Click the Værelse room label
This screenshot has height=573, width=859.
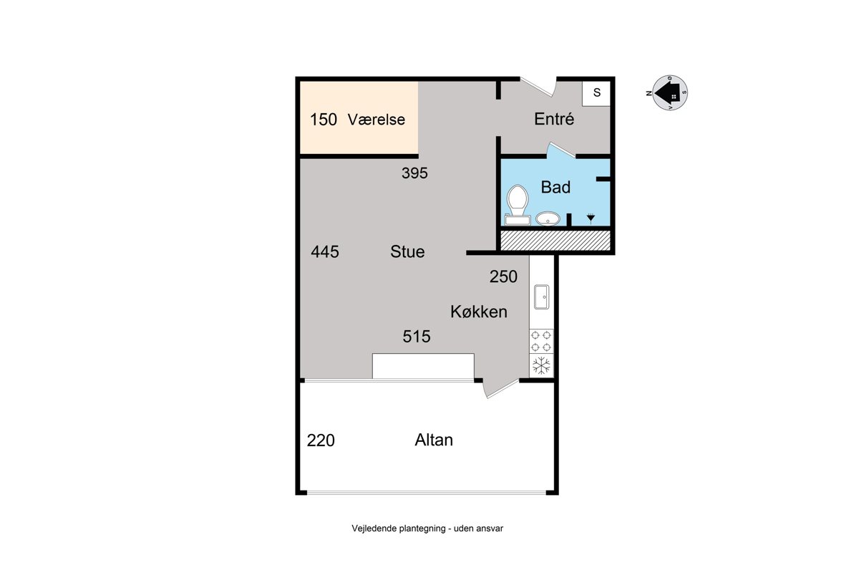coord(377,120)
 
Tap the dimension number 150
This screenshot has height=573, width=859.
coord(324,120)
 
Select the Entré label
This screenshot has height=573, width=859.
coord(554,119)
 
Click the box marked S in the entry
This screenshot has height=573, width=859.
coord(596,93)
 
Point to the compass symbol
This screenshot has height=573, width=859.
coord(669,93)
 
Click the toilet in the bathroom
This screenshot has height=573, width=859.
coord(518,205)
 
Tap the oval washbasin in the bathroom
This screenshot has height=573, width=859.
coord(548,218)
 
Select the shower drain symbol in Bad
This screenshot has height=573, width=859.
coord(591,218)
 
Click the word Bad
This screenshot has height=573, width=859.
coord(555,187)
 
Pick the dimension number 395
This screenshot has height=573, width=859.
coord(414,173)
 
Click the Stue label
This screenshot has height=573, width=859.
coord(407,252)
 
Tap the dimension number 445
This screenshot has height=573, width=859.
coord(325,252)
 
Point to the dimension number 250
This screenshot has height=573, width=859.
coord(503,276)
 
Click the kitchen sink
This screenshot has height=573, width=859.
coord(541,297)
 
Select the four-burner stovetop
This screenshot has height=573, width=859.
coord(541,341)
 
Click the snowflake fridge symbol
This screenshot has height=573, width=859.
coord(541,366)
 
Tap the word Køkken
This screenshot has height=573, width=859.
coord(479,312)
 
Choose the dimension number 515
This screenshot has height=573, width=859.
coord(417,337)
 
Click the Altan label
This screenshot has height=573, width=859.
coord(434,440)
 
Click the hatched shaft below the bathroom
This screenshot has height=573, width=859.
coord(555,240)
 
